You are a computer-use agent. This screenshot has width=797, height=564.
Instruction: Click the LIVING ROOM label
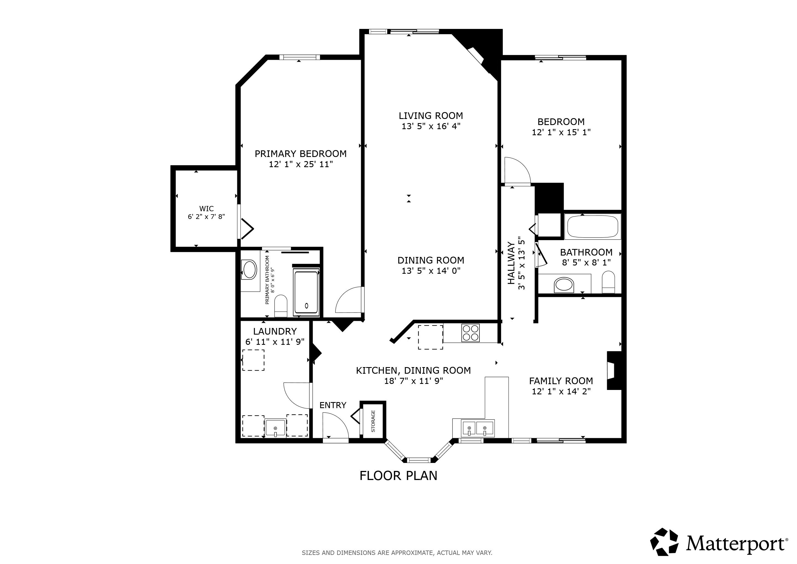tap(430, 116)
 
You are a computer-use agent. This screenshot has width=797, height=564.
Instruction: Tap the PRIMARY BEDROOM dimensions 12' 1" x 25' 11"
tap(301, 164)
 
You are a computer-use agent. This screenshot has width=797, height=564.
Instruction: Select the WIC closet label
tap(206, 209)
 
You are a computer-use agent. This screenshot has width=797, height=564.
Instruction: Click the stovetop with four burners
tap(470, 333)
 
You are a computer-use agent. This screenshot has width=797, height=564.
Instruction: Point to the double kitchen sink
tap(478, 429)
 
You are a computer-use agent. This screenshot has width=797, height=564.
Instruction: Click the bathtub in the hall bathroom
tap(593, 226)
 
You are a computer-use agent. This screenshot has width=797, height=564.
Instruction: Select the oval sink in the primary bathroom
tap(249, 270)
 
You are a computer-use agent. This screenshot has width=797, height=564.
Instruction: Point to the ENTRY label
tap(332, 405)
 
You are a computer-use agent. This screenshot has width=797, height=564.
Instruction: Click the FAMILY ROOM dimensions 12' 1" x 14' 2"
tap(561, 391)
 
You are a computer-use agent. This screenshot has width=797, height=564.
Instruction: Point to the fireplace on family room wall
tap(613, 370)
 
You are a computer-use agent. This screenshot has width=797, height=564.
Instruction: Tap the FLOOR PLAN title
tap(398, 476)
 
